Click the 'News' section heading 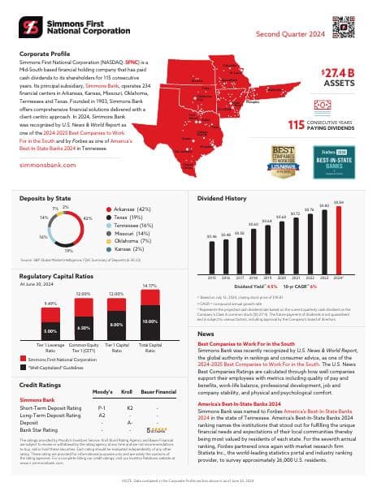[206, 334]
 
